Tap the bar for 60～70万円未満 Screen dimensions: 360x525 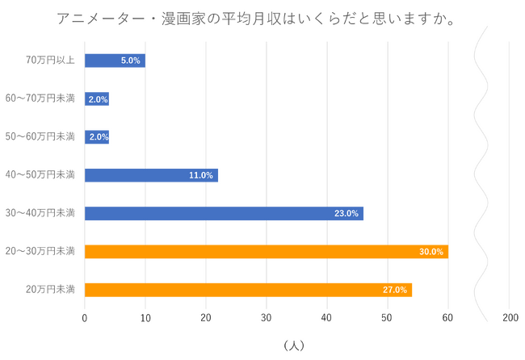pos(97,98)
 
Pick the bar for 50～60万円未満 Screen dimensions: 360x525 pos(97,137)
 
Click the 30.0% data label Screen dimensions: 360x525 pos(431,252)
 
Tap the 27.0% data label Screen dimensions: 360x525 pos(395,290)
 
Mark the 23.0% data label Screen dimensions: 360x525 pos(346,214)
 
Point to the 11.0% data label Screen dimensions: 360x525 pos(201,175)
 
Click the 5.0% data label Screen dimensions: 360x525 pos(131,61)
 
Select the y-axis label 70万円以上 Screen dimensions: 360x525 pos(52,60)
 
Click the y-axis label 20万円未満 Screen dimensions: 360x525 pos(52,290)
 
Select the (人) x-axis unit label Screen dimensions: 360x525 pos(294,345)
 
